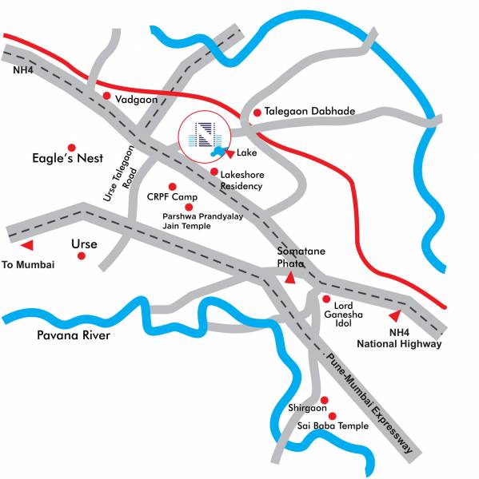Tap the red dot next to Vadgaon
[x=106, y=95]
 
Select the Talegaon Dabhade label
[x=309, y=112]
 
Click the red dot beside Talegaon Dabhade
[x=257, y=113]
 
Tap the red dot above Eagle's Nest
[x=71, y=147]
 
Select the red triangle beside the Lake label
[x=230, y=152]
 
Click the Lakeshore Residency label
[x=241, y=180]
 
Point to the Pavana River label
[x=74, y=335]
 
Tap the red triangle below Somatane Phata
[x=289, y=278]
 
